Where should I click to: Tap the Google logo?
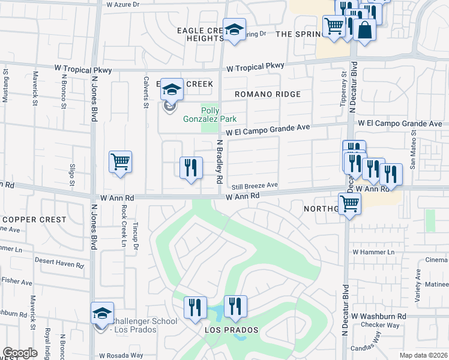[x=20, y=353]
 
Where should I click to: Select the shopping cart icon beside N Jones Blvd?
[x=120, y=161]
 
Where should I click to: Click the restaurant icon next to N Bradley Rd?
[x=191, y=167]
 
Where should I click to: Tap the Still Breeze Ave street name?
[x=256, y=185]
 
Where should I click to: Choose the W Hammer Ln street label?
[x=373, y=252]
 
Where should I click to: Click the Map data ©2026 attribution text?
[x=423, y=355]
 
